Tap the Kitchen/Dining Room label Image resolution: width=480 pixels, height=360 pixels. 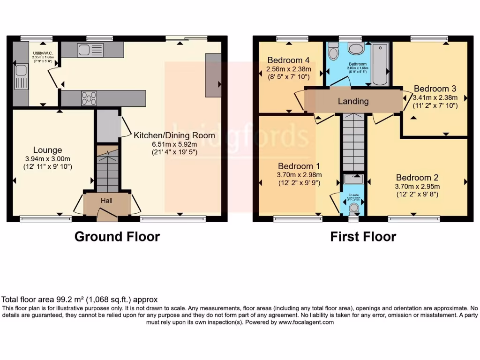174,135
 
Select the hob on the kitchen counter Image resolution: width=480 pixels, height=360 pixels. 89,98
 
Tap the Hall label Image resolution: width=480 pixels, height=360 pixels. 107,200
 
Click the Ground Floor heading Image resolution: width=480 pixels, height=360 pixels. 117,237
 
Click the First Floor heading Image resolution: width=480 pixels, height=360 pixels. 363,237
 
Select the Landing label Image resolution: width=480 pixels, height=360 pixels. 353,101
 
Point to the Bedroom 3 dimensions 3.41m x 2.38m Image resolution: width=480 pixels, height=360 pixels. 435,97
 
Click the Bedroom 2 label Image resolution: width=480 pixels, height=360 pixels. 417,178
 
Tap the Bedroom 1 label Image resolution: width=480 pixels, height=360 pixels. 299,166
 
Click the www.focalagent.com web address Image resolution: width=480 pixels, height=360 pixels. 306,322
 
